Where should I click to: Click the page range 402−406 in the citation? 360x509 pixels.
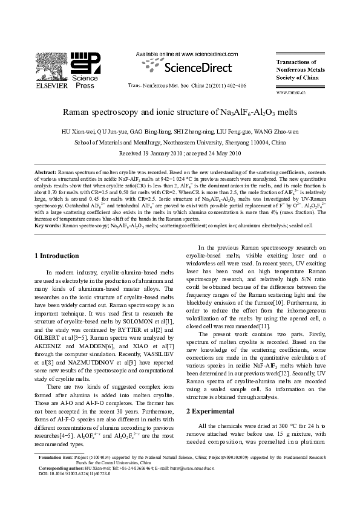click(234, 86)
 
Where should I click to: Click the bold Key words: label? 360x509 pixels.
click(48, 225)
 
